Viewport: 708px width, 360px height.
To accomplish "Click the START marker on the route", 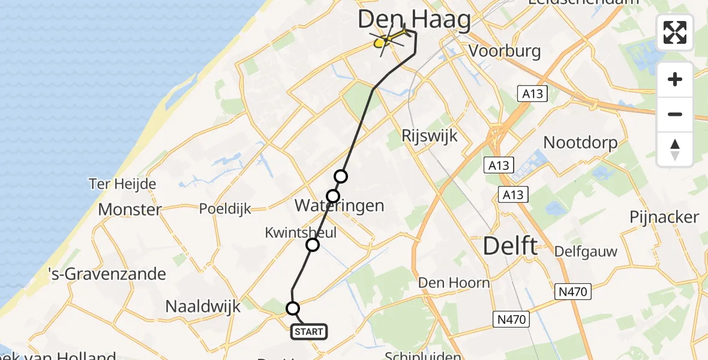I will click(309, 331).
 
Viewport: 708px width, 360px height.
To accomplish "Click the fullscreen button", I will click(675, 32).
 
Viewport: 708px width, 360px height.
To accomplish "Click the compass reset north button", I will click(675, 149).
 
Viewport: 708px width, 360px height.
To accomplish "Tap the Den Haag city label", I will click(414, 19).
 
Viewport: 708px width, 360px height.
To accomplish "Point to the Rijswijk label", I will click(430, 136).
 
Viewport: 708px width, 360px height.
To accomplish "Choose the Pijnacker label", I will click(664, 217).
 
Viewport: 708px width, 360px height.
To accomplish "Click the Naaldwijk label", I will click(203, 307).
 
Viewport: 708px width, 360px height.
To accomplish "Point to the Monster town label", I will click(130, 209).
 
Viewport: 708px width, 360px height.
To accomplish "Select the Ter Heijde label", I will click(122, 184).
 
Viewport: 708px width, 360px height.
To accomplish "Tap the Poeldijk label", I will click(226, 209).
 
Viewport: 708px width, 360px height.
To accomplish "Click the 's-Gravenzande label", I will click(107, 274).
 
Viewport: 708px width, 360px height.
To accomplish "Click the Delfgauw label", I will click(586, 251).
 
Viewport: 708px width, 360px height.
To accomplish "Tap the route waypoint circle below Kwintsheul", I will click(313, 245).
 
